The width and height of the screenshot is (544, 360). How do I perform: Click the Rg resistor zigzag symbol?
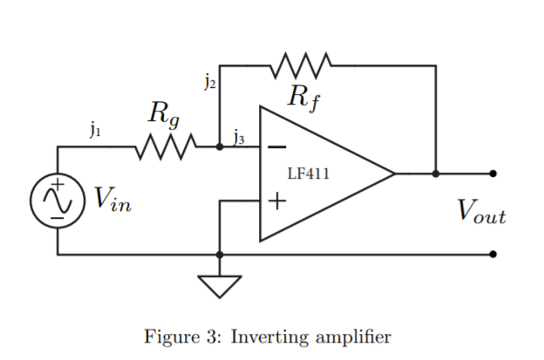pyautogui.click(x=165, y=147)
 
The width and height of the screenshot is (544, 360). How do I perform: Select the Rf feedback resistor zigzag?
pyautogui.click(x=302, y=65)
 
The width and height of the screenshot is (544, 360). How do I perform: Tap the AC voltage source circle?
pyautogui.click(x=58, y=200)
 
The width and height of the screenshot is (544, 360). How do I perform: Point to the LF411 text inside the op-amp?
pyautogui.click(x=308, y=173)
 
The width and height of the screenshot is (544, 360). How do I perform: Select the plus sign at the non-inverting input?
pyautogui.click(x=276, y=201)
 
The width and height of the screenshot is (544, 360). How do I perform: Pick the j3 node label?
pyautogui.click(x=239, y=135)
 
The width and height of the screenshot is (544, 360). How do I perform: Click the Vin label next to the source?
pyautogui.click(x=114, y=201)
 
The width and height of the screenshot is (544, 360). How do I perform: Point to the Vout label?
pyautogui.click(x=480, y=212)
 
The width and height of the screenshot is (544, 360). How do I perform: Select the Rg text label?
pyautogui.click(x=164, y=112)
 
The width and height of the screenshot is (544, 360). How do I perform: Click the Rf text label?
pyautogui.click(x=303, y=97)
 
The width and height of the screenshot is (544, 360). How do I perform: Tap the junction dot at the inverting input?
pyautogui.click(x=220, y=147)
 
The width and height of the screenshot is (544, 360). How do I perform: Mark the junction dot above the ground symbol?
pyautogui.click(x=220, y=255)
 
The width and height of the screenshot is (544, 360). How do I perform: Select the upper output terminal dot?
pyautogui.click(x=493, y=173)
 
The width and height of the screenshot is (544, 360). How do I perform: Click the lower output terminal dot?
pyautogui.click(x=493, y=255)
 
